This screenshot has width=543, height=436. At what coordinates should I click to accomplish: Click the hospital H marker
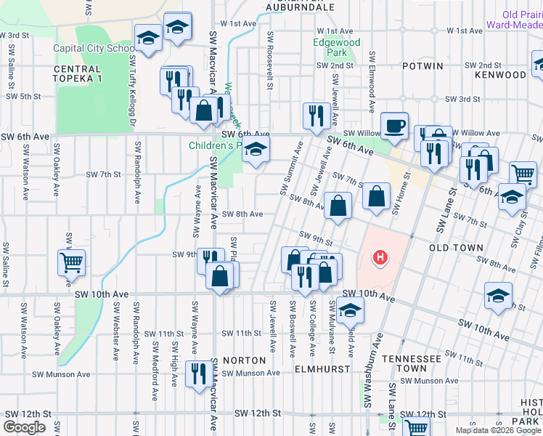pyautogui.click(x=379, y=257)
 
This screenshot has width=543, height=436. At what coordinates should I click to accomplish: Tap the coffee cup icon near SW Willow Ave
pyautogui.click(x=394, y=125)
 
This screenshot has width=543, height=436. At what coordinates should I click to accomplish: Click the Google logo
pyautogui.click(x=24, y=427)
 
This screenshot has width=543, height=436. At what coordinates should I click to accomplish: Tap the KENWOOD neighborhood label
pyautogui.click(x=500, y=75)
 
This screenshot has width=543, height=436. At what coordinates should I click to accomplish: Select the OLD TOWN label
pyautogui.click(x=456, y=248)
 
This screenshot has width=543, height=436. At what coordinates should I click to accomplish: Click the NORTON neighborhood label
pyautogui.click(x=240, y=360)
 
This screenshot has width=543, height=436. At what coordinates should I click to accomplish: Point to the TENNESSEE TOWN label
pyautogui.click(x=412, y=364)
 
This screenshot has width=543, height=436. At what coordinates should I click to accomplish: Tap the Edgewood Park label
pyautogui.click(x=336, y=48)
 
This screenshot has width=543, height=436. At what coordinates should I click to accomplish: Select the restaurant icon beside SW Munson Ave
pyautogui.click(x=195, y=374)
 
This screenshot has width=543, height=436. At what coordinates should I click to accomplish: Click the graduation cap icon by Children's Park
pyautogui.click(x=254, y=152)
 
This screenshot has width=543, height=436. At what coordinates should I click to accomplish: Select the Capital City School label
pyautogui.click(x=94, y=49)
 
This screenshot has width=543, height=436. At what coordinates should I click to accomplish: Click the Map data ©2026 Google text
pyautogui.click(x=497, y=430)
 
